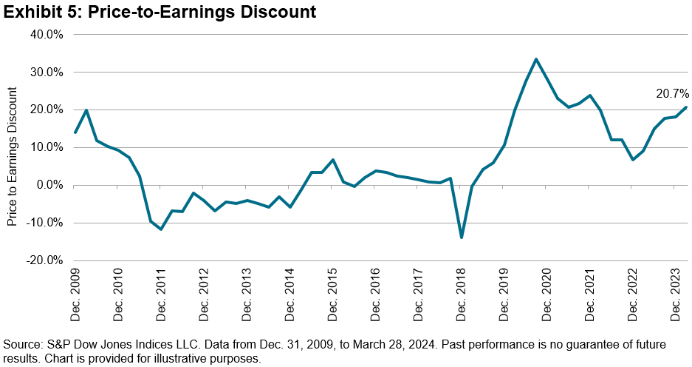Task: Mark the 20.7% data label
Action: [x=672, y=94]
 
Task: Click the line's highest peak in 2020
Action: [x=536, y=59]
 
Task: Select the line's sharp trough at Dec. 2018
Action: [x=462, y=238]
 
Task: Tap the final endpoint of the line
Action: [x=686, y=107]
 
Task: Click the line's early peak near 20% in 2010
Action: [x=86, y=110]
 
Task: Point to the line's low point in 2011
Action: [x=161, y=229]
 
